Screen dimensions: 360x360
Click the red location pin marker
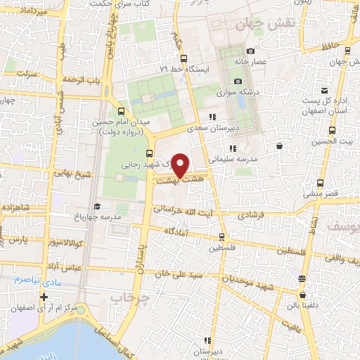coord(181,165)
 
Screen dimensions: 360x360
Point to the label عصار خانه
coord(271,62)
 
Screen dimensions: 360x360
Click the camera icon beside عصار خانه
coord(250,51)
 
